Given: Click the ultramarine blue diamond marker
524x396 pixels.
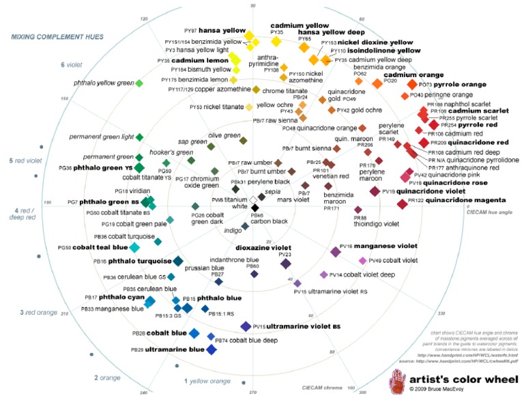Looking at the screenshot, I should point(212,350).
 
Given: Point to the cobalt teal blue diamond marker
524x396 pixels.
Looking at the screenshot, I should point(134,247).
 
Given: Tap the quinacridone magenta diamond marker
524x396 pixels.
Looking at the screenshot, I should point(402,201).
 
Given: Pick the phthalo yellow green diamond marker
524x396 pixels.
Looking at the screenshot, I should point(139,83).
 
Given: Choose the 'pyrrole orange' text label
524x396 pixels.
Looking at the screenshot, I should point(448,84).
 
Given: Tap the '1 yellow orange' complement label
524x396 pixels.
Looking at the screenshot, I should point(207,382).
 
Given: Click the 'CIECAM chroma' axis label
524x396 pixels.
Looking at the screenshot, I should point(323,387).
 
